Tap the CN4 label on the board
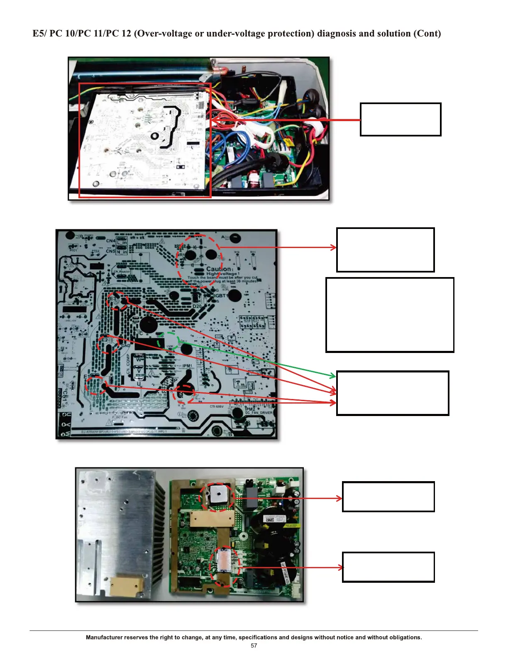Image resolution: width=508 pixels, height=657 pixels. tap(110, 241)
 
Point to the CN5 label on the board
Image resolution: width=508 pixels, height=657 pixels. tap(110, 251)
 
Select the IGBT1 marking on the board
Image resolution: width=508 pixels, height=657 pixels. tap(221, 296)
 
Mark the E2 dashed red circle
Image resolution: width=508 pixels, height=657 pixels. tap(107, 344)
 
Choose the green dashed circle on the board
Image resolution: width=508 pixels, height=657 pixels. tap(168, 342)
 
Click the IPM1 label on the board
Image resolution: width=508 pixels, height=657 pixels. tap(187, 366)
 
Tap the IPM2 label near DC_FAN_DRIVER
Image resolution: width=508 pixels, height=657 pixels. tap(250, 409)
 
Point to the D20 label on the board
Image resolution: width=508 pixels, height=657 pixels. tap(197, 306)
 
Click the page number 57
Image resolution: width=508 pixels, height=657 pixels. tap(254, 645)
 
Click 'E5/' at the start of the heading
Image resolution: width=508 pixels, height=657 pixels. tap(39, 34)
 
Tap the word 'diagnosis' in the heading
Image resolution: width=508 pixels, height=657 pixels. tap(336, 34)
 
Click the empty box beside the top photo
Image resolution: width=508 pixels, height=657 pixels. tap(401, 119)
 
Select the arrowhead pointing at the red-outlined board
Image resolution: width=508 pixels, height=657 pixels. tap(215, 120)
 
